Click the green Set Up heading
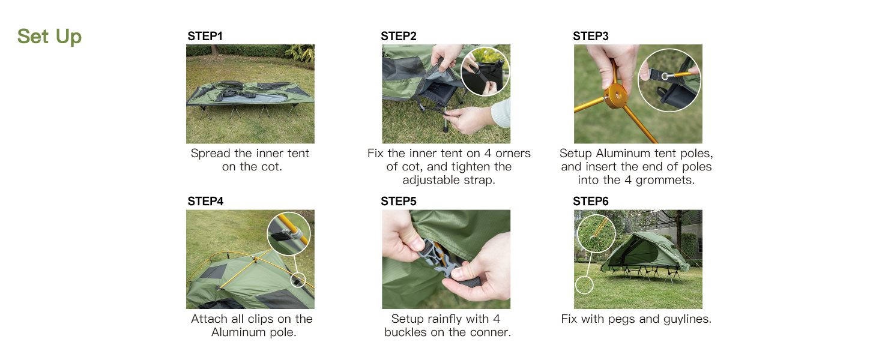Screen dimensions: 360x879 coord(49,37)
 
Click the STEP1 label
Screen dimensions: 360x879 coord(205,36)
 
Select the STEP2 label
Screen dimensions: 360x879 coord(398,36)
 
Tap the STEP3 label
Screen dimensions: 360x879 coord(591,36)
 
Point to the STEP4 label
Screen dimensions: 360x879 coord(205,202)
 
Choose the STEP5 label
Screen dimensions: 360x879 coord(398,202)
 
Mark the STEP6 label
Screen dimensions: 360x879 coord(591,202)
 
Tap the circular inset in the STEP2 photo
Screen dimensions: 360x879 coord(485,71)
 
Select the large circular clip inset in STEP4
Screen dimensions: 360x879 coord(289,234)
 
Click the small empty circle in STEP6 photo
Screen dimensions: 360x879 coord(584,284)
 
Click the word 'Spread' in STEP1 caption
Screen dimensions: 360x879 coord(211,153)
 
